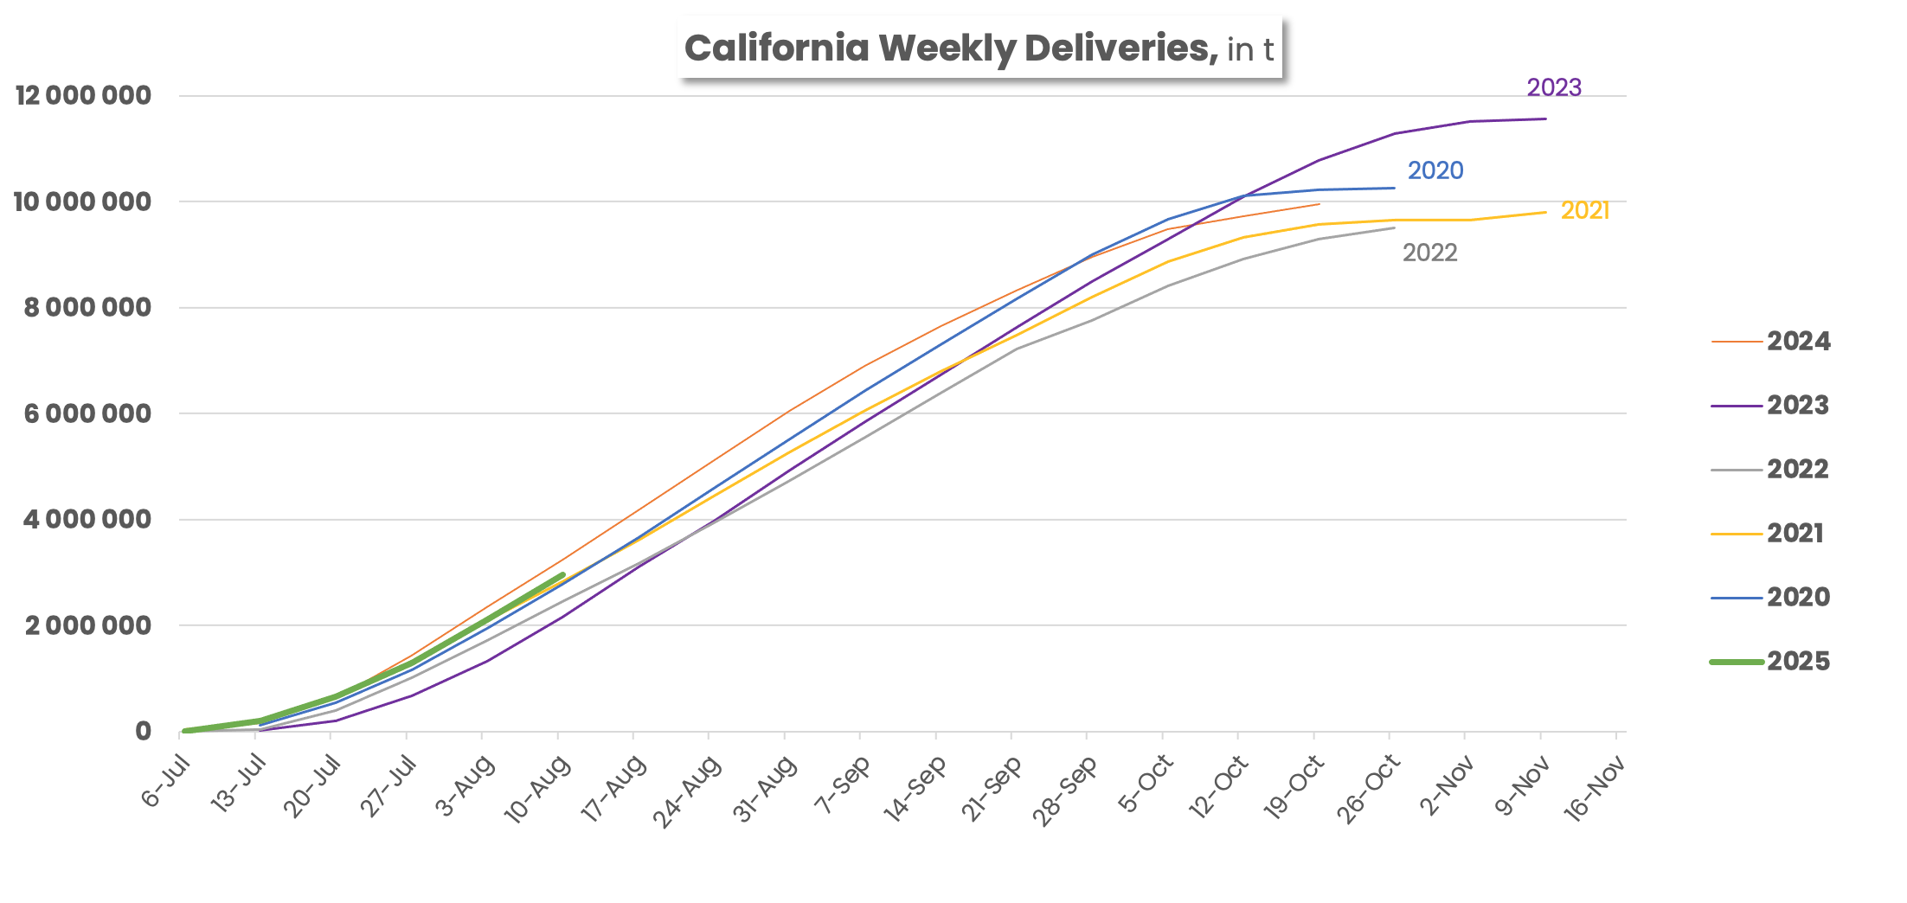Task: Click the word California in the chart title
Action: [776, 48]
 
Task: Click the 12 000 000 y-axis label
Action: [83, 95]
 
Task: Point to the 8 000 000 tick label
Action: [87, 307]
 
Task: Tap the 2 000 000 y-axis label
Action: [87, 625]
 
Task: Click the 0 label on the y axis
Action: [144, 732]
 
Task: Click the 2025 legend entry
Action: [1798, 662]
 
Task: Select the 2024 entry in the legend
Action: [1798, 342]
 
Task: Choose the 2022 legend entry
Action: [1798, 470]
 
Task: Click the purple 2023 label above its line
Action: [1554, 87]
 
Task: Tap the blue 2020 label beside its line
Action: [1435, 170]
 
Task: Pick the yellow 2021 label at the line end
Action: [1584, 210]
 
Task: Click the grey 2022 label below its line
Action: [1429, 253]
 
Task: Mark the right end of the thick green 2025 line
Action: [563, 574]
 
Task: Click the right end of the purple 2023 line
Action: [1545, 118]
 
